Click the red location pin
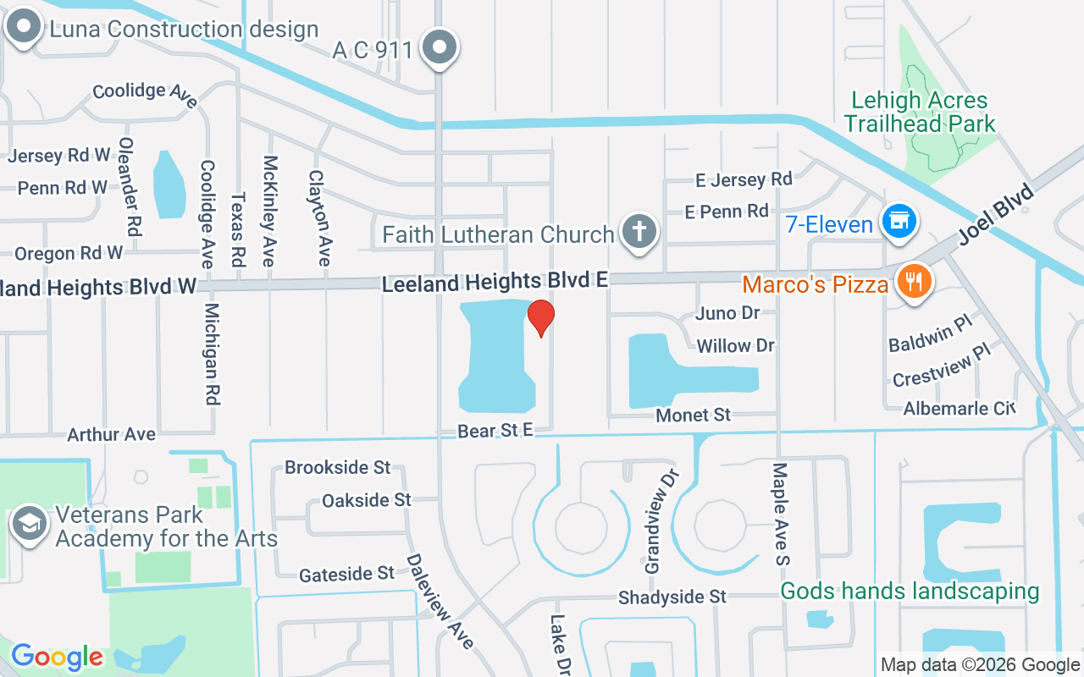[540, 317]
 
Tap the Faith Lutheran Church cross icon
[639, 231]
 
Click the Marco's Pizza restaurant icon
[913, 282]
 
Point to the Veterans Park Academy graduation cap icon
[29, 524]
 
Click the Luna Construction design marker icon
[23, 26]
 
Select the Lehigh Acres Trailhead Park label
[919, 112]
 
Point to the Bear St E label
[495, 431]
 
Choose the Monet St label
[693, 415]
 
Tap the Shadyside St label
[672, 597]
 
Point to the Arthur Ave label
[111, 434]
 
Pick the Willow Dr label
[735, 345]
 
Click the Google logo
[57, 656]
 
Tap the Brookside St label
[337, 467]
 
